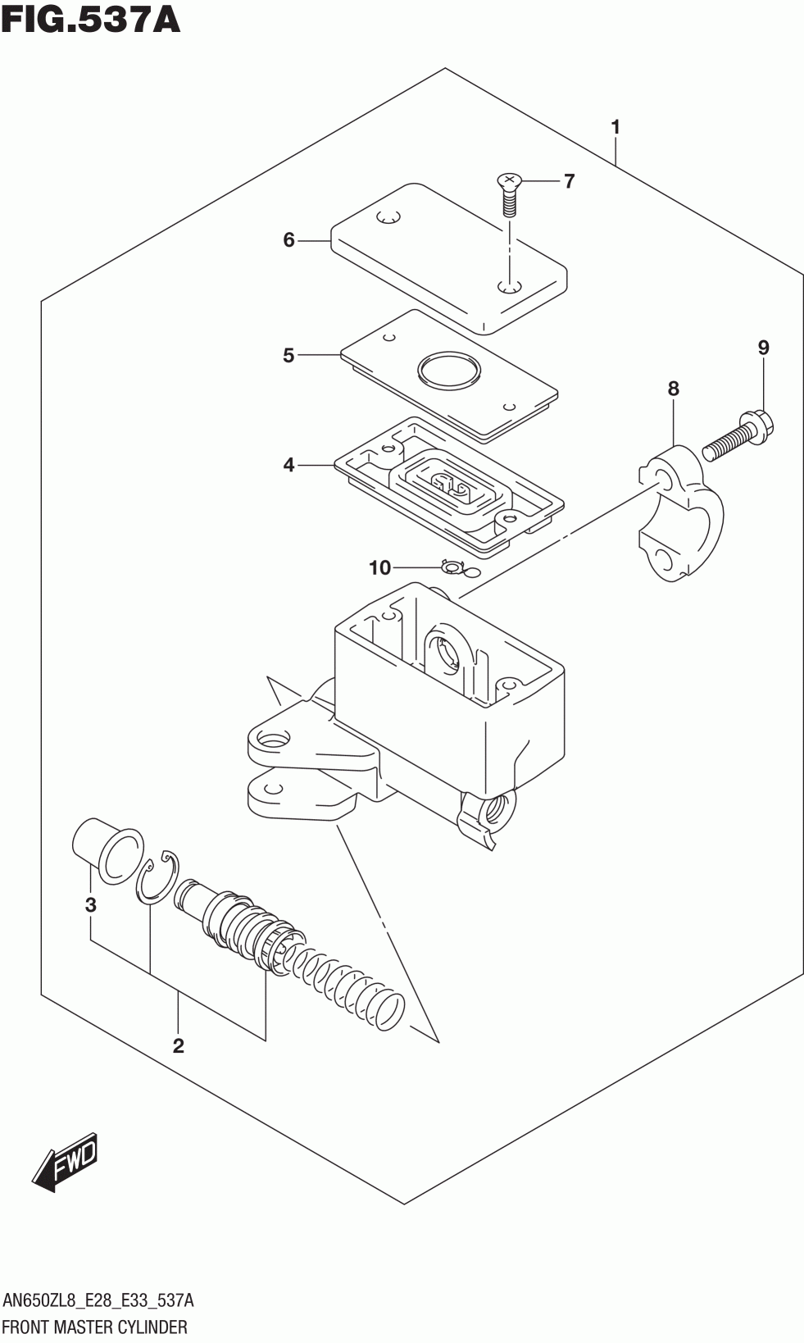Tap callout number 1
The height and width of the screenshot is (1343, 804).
point(615,127)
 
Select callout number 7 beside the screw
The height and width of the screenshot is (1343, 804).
point(569,180)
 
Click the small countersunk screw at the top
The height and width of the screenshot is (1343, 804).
point(509,195)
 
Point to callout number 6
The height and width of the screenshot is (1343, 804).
point(288,239)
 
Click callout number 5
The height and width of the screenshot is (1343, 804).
point(288,356)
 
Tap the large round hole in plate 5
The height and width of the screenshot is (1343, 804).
point(449,369)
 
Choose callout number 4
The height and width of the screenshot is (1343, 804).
point(288,465)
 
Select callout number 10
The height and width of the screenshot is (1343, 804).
point(379,567)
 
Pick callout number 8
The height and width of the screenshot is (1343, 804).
point(674,389)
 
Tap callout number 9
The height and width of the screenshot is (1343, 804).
point(763,348)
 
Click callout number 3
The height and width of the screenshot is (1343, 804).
point(90,904)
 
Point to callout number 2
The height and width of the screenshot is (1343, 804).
point(178,1045)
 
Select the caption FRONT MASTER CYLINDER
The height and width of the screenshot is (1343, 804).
point(95,1327)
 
